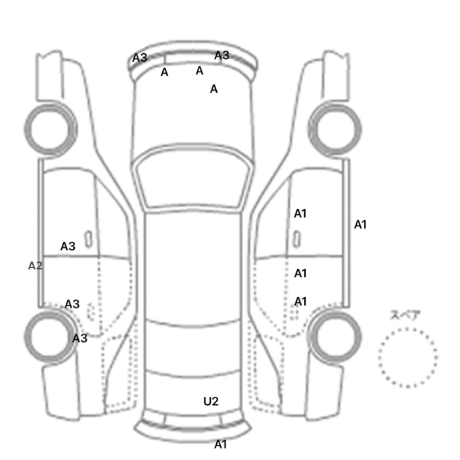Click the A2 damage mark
tap(35, 265)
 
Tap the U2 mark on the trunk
tap(210, 401)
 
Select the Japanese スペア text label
tap(405, 315)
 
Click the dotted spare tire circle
tap(407, 357)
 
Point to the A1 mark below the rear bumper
tap(220, 444)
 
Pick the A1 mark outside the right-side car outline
tap(360, 225)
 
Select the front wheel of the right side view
tap(335, 125)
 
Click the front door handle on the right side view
tap(297, 238)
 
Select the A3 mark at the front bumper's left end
tap(140, 58)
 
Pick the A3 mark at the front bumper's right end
tap(221, 55)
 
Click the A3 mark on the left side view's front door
tap(68, 246)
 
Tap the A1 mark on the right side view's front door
tap(300, 214)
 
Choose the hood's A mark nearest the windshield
tap(214, 89)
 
